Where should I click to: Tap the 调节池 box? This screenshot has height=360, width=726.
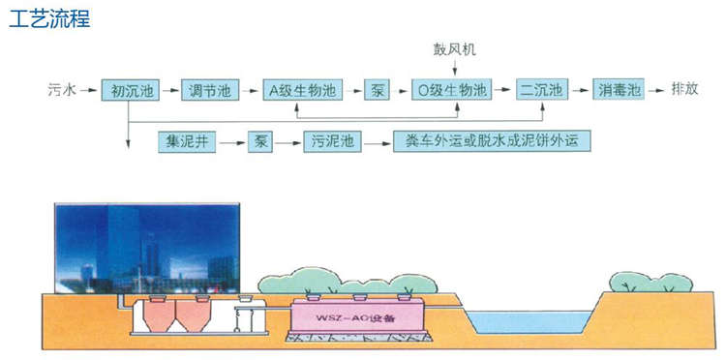210,91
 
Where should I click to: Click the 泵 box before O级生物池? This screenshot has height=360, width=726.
377,91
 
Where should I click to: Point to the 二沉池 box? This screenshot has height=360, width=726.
540,91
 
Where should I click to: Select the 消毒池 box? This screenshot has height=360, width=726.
619,91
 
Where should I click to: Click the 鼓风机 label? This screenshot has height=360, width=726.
454,48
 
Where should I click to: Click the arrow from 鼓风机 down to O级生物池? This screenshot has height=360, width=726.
454,68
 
